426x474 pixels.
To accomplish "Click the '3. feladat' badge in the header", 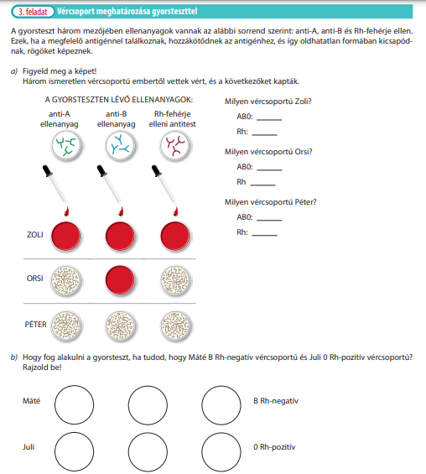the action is pyautogui.click(x=33, y=12).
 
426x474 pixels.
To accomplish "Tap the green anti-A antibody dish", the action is pyautogui.click(x=66, y=146).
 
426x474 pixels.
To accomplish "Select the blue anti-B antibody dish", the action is pyautogui.click(x=120, y=146).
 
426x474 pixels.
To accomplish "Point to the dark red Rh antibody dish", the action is pyautogui.click(x=175, y=146).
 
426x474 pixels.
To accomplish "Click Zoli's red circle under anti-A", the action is pyautogui.click(x=66, y=237).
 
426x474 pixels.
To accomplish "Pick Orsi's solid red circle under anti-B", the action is pyautogui.click(x=120, y=280).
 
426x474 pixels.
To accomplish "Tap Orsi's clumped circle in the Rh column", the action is pyautogui.click(x=175, y=280).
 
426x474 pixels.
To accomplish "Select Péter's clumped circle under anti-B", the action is pyautogui.click(x=120, y=326).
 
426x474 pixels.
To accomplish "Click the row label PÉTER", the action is pyautogui.click(x=36, y=325).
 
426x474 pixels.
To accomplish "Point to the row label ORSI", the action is pyautogui.click(x=34, y=279).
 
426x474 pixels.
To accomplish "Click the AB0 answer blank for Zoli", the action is pyautogui.click(x=269, y=120).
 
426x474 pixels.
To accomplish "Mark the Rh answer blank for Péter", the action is pyautogui.click(x=264, y=235).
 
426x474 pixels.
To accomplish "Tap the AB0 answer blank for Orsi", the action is pyautogui.click(x=269, y=170).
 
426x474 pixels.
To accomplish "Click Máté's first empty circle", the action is pyautogui.click(x=74, y=404).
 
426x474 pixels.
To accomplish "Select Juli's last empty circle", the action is pyautogui.click(x=221, y=452).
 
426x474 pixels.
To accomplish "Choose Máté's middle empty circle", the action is pyautogui.click(x=148, y=404).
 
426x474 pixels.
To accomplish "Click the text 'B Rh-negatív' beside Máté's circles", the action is pyautogui.click(x=276, y=401).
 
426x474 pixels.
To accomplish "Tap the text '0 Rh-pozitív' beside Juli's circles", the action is pyautogui.click(x=274, y=447).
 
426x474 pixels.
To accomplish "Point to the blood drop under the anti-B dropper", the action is pyautogui.click(x=121, y=211).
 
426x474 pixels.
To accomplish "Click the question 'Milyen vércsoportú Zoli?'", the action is pyautogui.click(x=268, y=102).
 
